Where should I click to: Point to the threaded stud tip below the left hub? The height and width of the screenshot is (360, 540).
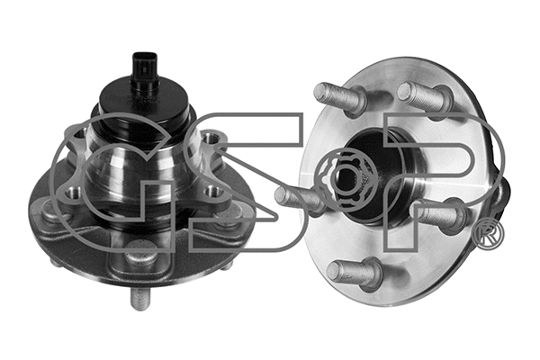point(139,298)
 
